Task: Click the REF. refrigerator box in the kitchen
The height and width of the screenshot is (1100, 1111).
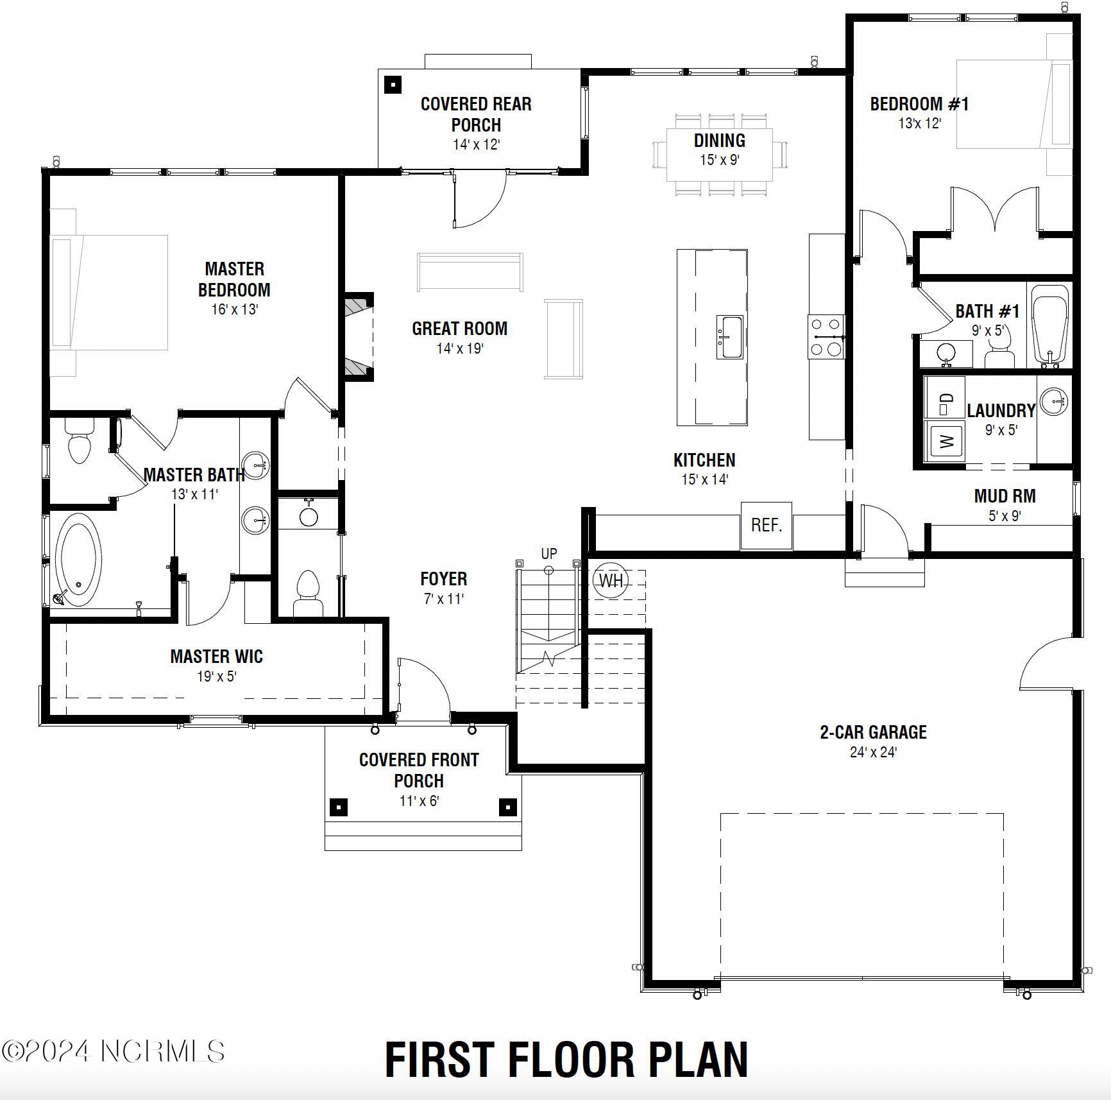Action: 766,526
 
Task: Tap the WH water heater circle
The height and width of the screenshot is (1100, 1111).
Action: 610,580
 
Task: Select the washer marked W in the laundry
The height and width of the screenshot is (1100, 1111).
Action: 946,440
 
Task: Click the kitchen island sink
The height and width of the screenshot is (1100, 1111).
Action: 730,336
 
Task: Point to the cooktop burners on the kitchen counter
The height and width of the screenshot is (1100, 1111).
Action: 826,336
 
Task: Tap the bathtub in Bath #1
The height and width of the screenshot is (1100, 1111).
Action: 1049,326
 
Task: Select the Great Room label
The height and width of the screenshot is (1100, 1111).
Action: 459,329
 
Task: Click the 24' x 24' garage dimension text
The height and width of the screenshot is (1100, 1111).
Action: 873,752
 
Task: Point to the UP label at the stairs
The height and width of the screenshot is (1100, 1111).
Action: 549,553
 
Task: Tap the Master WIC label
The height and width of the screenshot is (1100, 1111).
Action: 216,657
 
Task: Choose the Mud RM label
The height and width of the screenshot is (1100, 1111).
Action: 1005,496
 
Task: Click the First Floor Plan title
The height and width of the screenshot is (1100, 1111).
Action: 566,1060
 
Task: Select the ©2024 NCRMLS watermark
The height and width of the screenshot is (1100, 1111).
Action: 114,1051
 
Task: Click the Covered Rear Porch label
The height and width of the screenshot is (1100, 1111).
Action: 476,114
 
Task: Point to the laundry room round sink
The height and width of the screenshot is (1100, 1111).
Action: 1053,402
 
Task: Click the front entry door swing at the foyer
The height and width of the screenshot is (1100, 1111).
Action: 423,687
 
